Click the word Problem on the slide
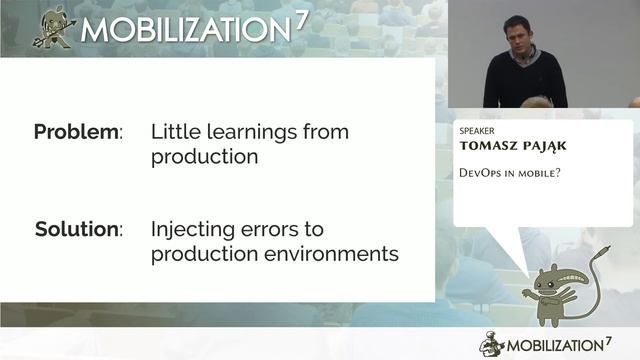[76, 131]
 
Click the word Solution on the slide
[76, 229]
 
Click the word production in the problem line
[204, 156]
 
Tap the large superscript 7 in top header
[299, 21]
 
